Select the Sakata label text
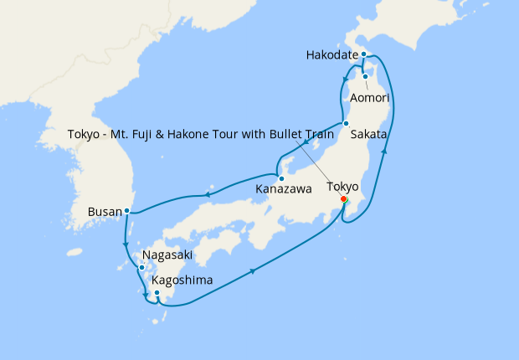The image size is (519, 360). pyautogui.click(x=368, y=134)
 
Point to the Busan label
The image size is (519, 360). pyautogui.click(x=104, y=212)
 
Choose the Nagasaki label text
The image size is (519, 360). pyautogui.click(x=168, y=255)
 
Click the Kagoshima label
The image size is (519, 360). pyautogui.click(x=182, y=280)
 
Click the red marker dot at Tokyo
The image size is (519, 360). pyautogui.click(x=344, y=199)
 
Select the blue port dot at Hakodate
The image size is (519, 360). pyautogui.click(x=364, y=54)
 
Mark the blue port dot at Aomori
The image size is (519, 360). pyautogui.click(x=365, y=77)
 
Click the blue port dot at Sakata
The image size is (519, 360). pyautogui.click(x=346, y=124)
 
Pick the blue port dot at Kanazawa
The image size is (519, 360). pyautogui.click(x=282, y=177)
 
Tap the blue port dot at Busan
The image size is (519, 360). pyautogui.click(x=126, y=210)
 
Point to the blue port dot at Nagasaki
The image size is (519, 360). pyautogui.click(x=141, y=267)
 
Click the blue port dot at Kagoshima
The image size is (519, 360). pyautogui.click(x=157, y=292)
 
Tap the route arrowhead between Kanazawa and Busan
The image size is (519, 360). pyautogui.click(x=207, y=196)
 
